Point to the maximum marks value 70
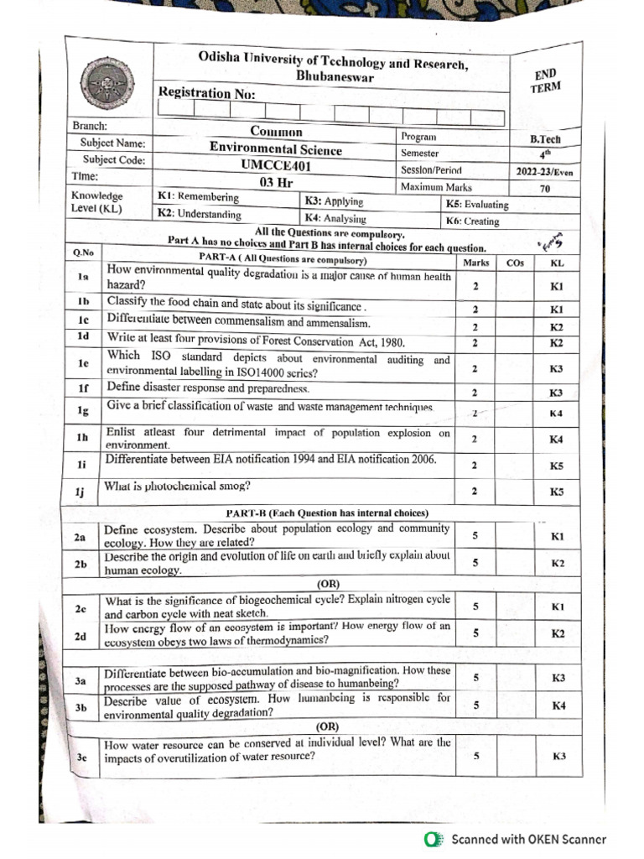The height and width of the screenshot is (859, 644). click(545, 189)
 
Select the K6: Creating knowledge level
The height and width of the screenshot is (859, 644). click(473, 221)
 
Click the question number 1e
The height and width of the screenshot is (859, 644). click(83, 363)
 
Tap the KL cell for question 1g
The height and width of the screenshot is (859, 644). click(556, 414)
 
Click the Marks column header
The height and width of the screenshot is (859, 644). click(475, 263)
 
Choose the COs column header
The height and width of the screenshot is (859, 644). click(515, 263)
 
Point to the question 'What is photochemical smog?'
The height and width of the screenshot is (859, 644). click(177, 487)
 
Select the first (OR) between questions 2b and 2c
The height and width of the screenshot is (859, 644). click(327, 583)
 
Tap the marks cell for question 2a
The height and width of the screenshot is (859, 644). click(475, 535)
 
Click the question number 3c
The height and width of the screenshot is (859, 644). click(82, 757)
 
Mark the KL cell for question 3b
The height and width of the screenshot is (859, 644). click(558, 706)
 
